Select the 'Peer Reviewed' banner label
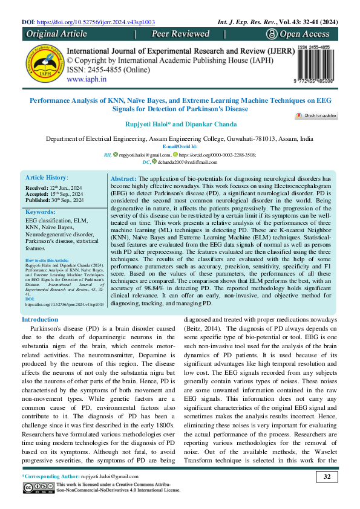180,34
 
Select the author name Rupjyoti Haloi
151,125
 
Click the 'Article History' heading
46,178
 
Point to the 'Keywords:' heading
40,213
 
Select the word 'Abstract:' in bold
125,180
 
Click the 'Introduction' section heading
40,319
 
